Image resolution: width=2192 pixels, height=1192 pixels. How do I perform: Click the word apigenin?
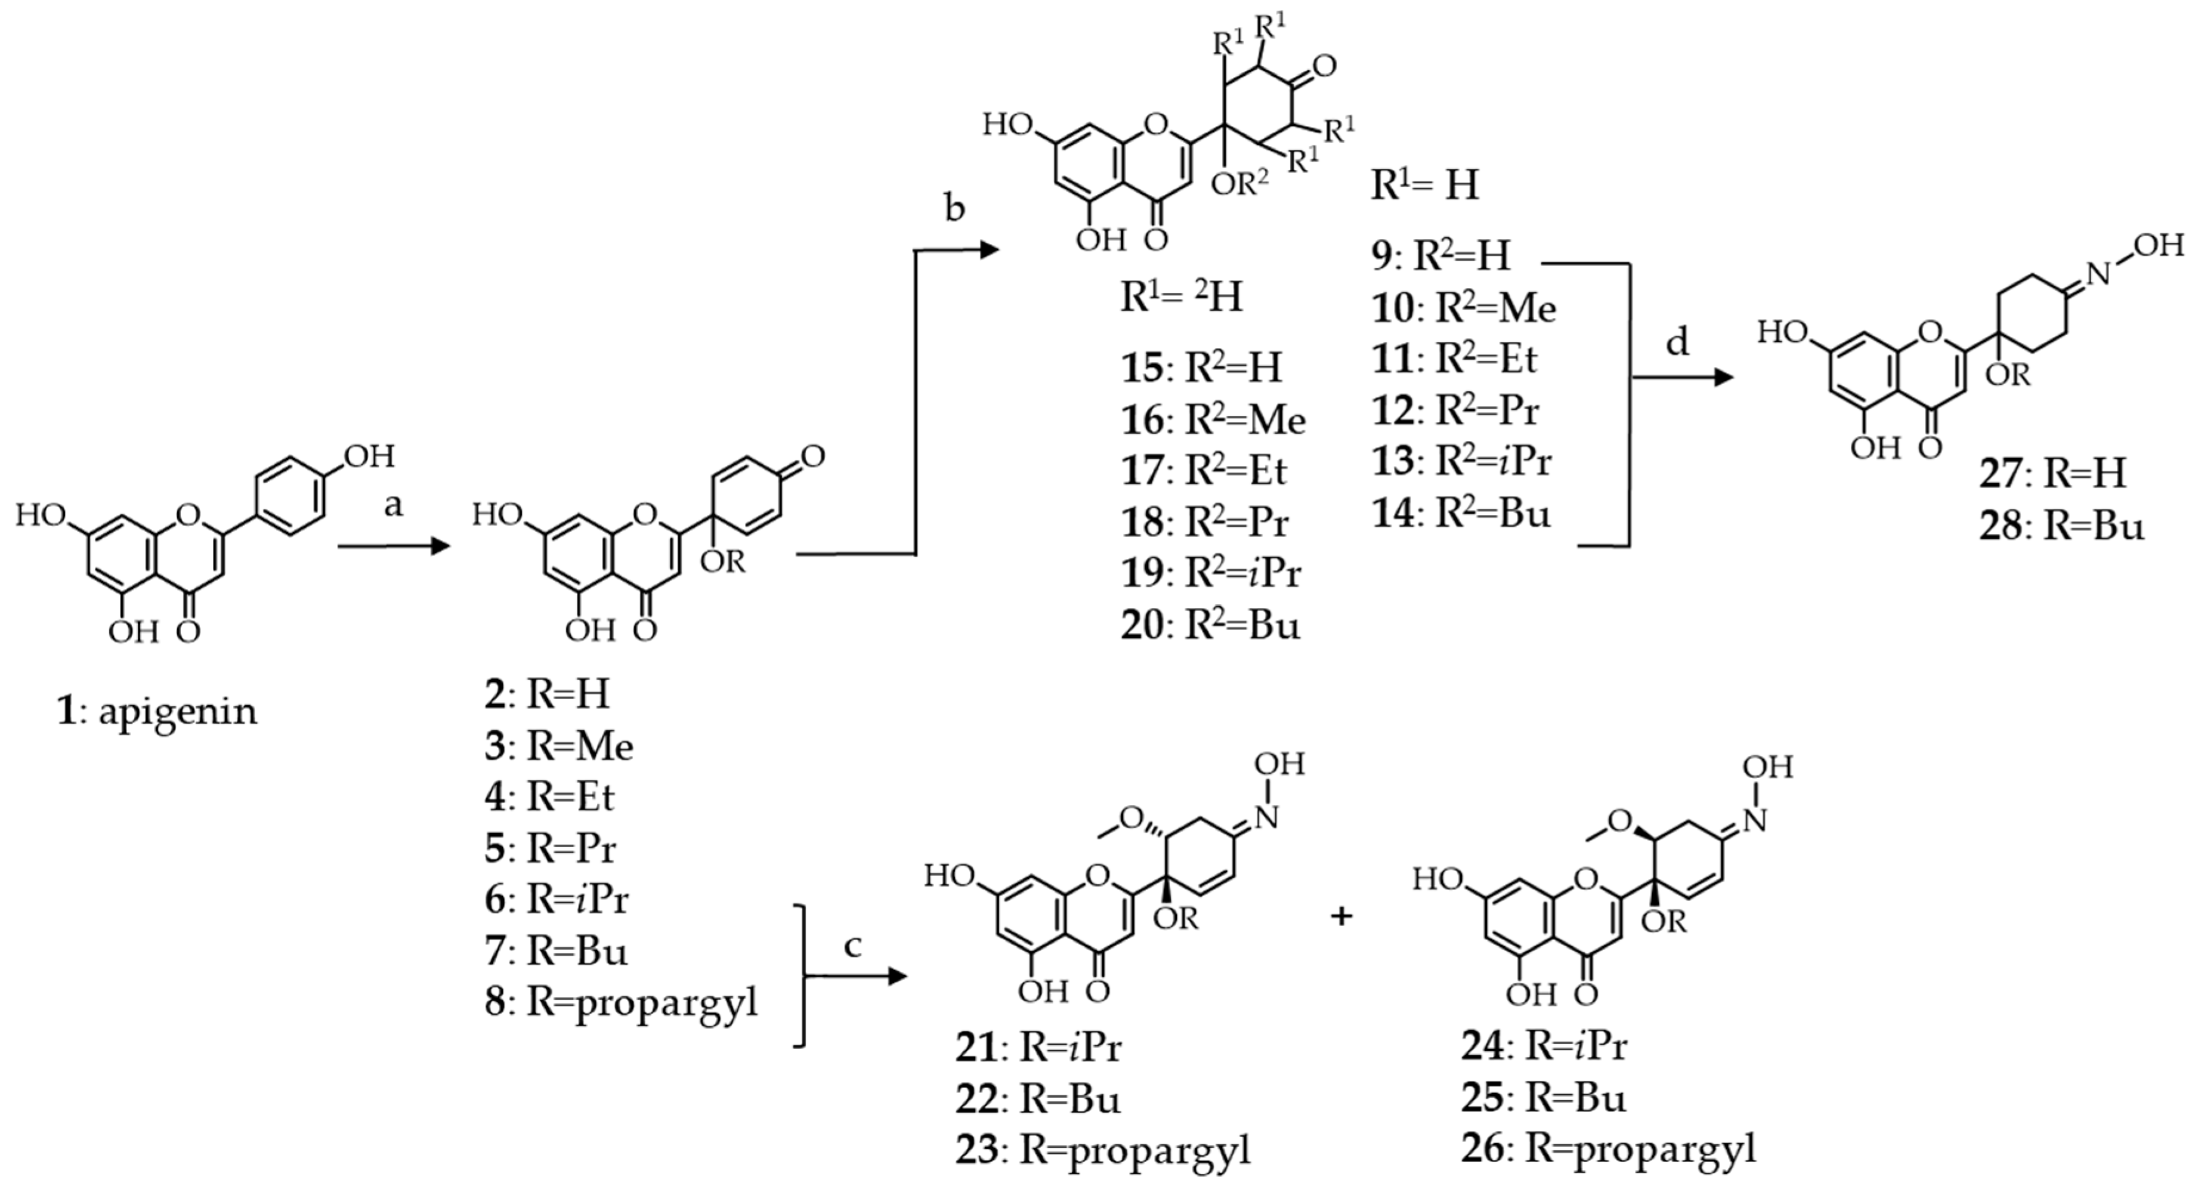pos(177,711)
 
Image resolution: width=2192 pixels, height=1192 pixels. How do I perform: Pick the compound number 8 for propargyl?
pos(495,1002)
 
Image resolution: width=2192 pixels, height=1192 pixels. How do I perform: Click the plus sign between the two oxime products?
pos(1341,916)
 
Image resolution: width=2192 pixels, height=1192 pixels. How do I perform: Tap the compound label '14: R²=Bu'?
pos(1461,513)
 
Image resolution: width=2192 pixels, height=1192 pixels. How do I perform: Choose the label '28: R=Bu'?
pos(2061,525)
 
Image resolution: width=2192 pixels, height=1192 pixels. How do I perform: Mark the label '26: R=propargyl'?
pos(1608,1148)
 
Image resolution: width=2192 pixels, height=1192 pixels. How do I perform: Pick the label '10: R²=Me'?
pos(1464,308)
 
